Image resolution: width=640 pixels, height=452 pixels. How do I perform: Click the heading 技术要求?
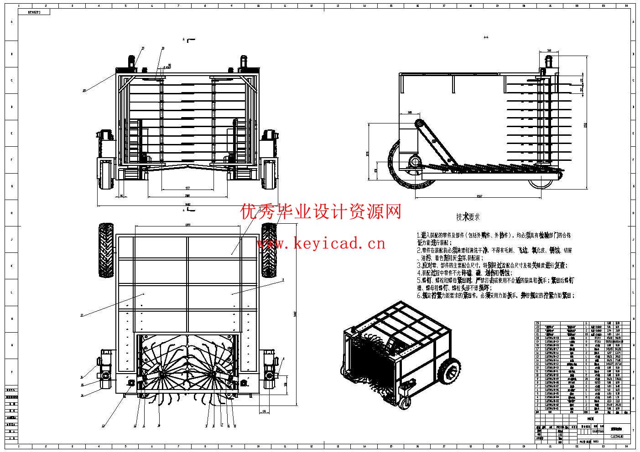coord(468,217)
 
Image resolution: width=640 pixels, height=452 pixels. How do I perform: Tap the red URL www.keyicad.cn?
coord(321,244)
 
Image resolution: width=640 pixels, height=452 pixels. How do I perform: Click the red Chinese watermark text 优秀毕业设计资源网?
coord(321,212)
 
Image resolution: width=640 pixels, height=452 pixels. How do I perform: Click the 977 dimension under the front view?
coord(187,188)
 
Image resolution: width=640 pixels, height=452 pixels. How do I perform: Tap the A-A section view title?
coord(486,37)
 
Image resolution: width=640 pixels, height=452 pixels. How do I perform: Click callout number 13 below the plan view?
coord(103,426)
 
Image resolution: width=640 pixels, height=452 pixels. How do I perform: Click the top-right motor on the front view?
coord(243,62)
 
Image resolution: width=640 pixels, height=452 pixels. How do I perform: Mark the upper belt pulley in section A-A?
coord(418,124)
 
